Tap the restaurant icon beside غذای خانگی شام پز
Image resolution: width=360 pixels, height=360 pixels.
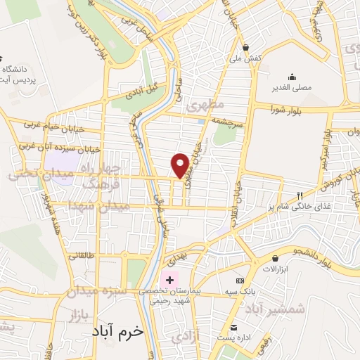(300, 195)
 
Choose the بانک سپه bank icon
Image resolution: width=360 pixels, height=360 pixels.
(238, 281)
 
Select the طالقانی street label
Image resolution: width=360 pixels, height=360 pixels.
(82, 257)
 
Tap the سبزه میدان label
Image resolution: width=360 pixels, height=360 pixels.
(97, 290)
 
